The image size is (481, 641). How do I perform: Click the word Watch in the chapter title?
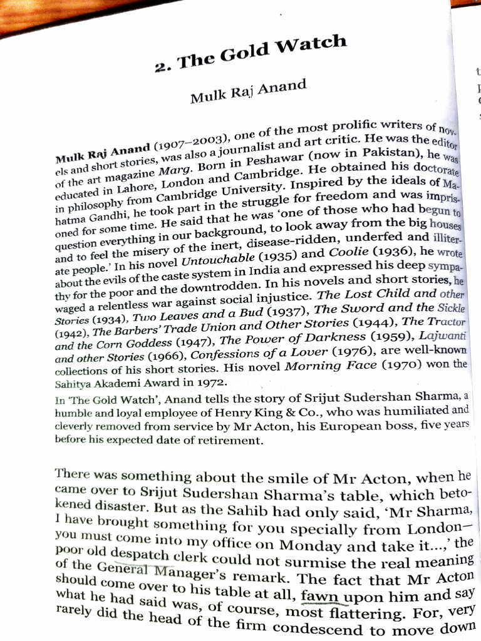(311, 48)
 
